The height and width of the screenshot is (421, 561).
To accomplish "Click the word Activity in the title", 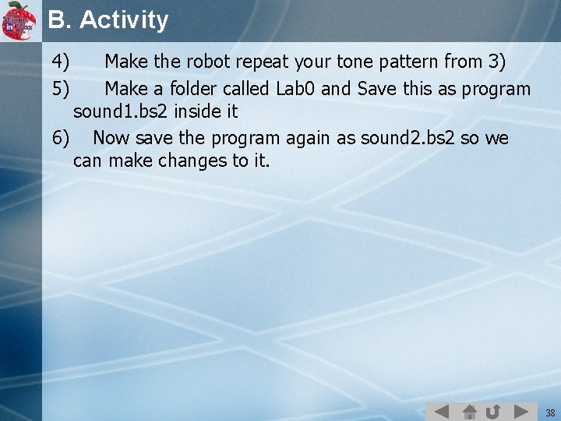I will [x=124, y=20].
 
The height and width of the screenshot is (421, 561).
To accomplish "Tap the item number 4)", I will [x=61, y=61].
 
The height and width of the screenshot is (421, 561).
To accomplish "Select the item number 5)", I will [x=61, y=89].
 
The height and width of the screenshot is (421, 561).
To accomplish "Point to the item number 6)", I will [x=61, y=139].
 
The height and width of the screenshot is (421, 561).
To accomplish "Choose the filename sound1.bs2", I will [x=121, y=111].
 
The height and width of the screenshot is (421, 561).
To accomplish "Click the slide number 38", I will [x=550, y=412].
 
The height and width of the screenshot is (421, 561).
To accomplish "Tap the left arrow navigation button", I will [x=441, y=411].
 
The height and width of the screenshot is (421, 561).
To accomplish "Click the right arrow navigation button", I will [x=521, y=411].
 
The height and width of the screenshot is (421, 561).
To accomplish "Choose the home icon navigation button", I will [x=469, y=411].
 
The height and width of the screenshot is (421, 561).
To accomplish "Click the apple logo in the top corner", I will [x=19, y=20].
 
